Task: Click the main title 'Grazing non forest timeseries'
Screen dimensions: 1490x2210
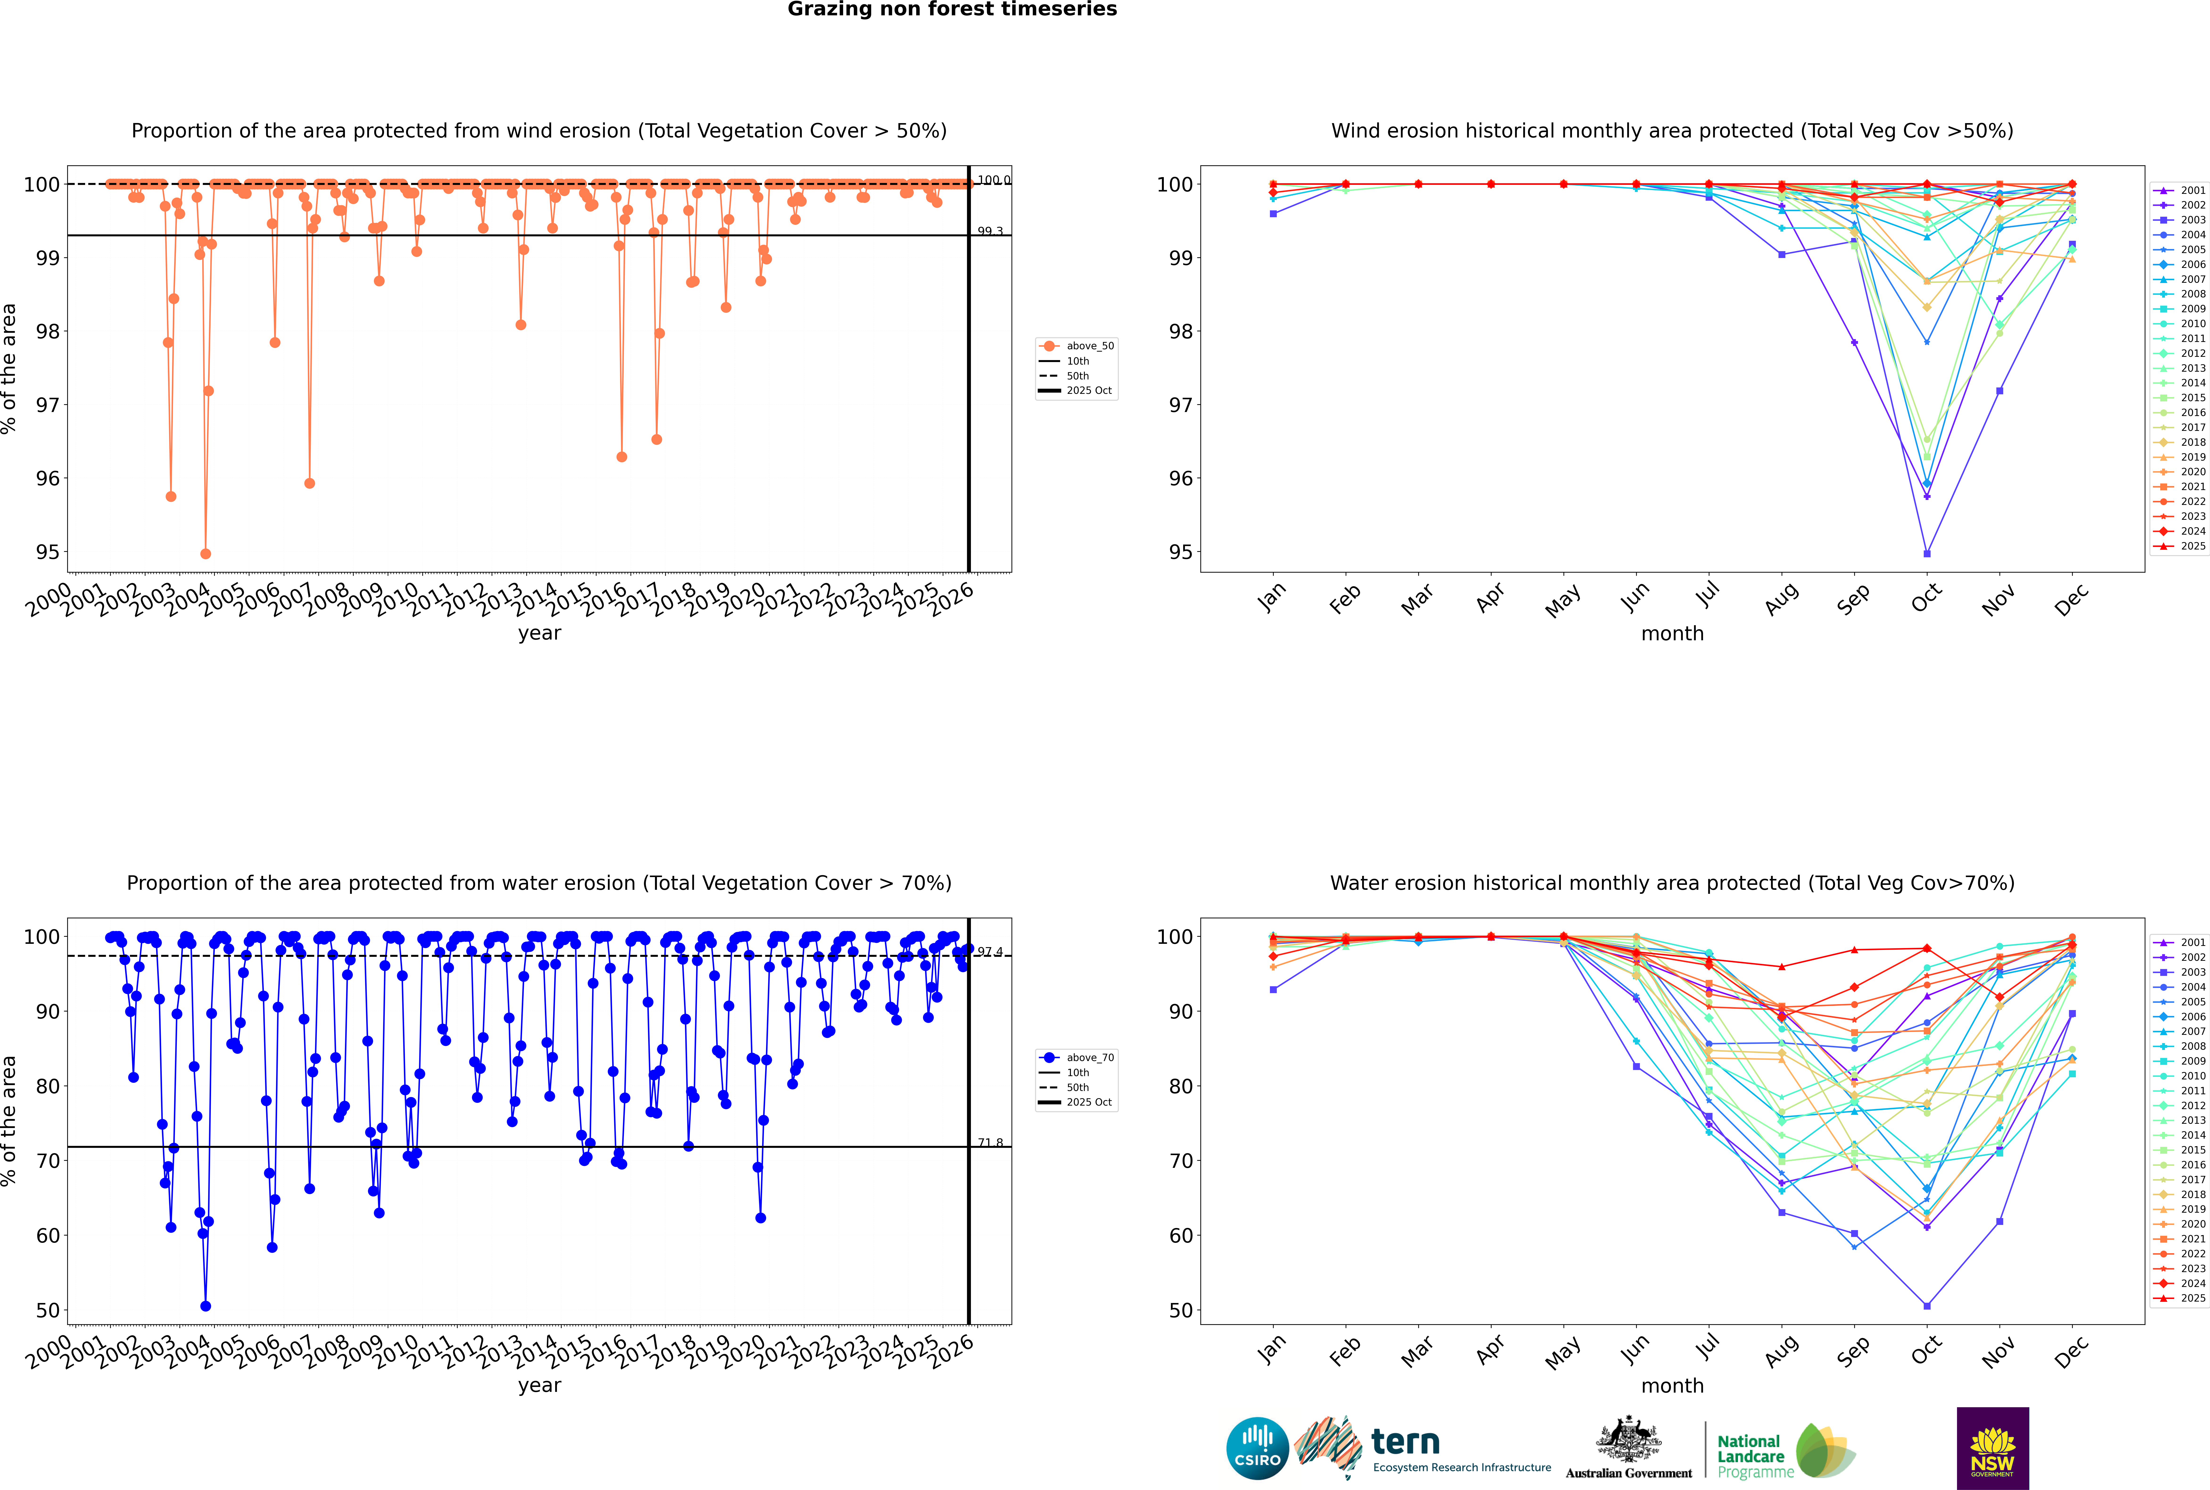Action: [952, 9]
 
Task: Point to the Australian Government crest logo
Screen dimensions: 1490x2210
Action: [1629, 1449]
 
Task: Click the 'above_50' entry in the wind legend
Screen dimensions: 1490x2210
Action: [1089, 346]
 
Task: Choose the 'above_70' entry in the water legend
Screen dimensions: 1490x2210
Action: [1089, 1058]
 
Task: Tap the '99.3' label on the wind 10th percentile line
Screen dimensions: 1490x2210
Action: [990, 231]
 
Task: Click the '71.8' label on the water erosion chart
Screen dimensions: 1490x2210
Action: [990, 1142]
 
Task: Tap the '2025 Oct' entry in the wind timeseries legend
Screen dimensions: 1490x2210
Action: [1089, 391]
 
